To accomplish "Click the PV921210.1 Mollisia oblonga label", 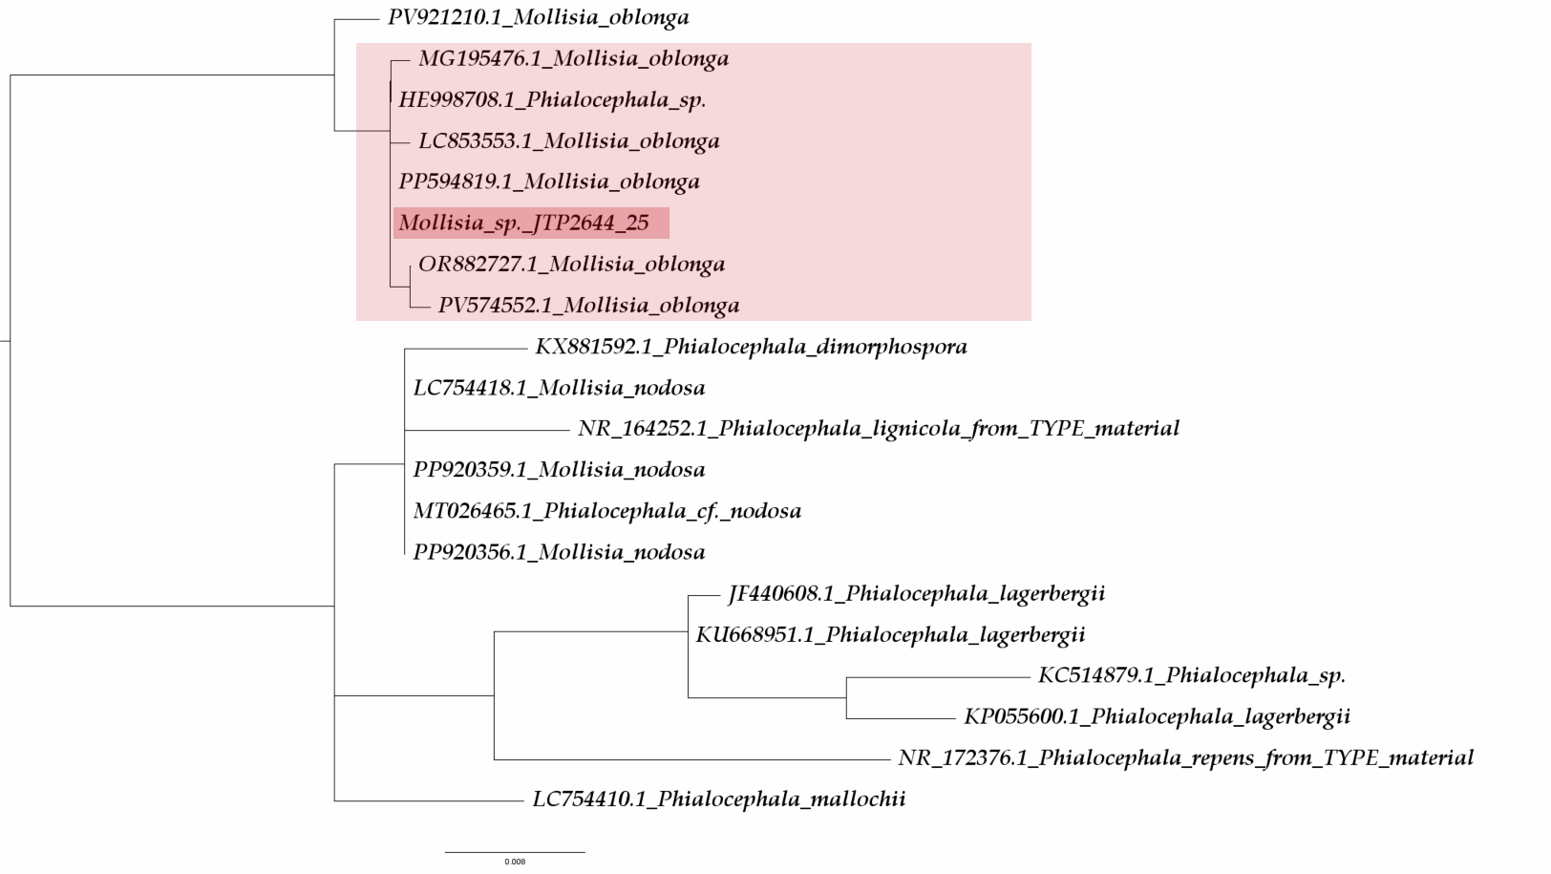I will [x=538, y=17].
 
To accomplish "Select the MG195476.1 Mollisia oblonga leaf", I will [x=573, y=58].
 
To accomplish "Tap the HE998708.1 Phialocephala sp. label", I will [x=552, y=99].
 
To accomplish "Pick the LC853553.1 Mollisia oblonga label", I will [x=568, y=141].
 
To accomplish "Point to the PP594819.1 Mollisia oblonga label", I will [x=548, y=181].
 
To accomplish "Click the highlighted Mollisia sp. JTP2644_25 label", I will [x=523, y=224].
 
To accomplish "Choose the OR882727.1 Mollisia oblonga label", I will [x=571, y=264].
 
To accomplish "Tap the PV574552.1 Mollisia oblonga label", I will [x=588, y=306].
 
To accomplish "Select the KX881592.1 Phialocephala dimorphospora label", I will [x=751, y=346].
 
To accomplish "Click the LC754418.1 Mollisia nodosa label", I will [x=559, y=388].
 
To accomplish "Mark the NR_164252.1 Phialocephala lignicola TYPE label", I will [x=878, y=428].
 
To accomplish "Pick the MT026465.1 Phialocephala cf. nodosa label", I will [x=606, y=511].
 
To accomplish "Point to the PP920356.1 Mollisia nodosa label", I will [x=559, y=552].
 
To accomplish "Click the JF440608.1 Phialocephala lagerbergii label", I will [x=916, y=593].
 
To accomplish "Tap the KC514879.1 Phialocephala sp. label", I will [x=1191, y=675].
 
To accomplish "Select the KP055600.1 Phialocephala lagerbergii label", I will [x=1157, y=716].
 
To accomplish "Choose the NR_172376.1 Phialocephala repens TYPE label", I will [x=1185, y=757].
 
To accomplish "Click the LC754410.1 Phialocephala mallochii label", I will [x=718, y=799].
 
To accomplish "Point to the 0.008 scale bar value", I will [x=515, y=862].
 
